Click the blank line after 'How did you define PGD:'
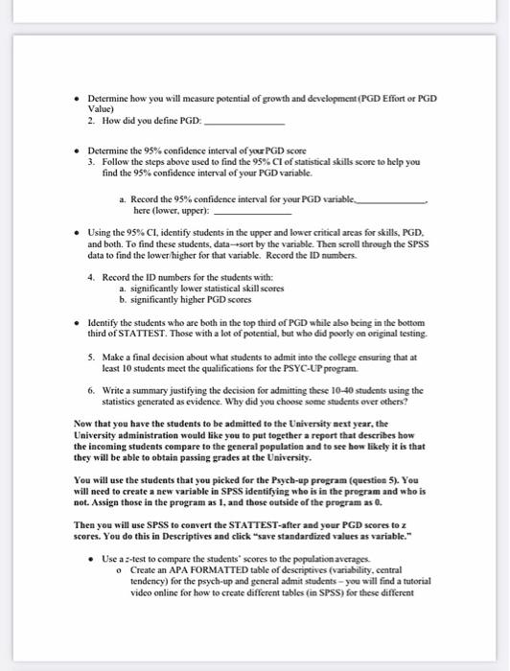(246, 125)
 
